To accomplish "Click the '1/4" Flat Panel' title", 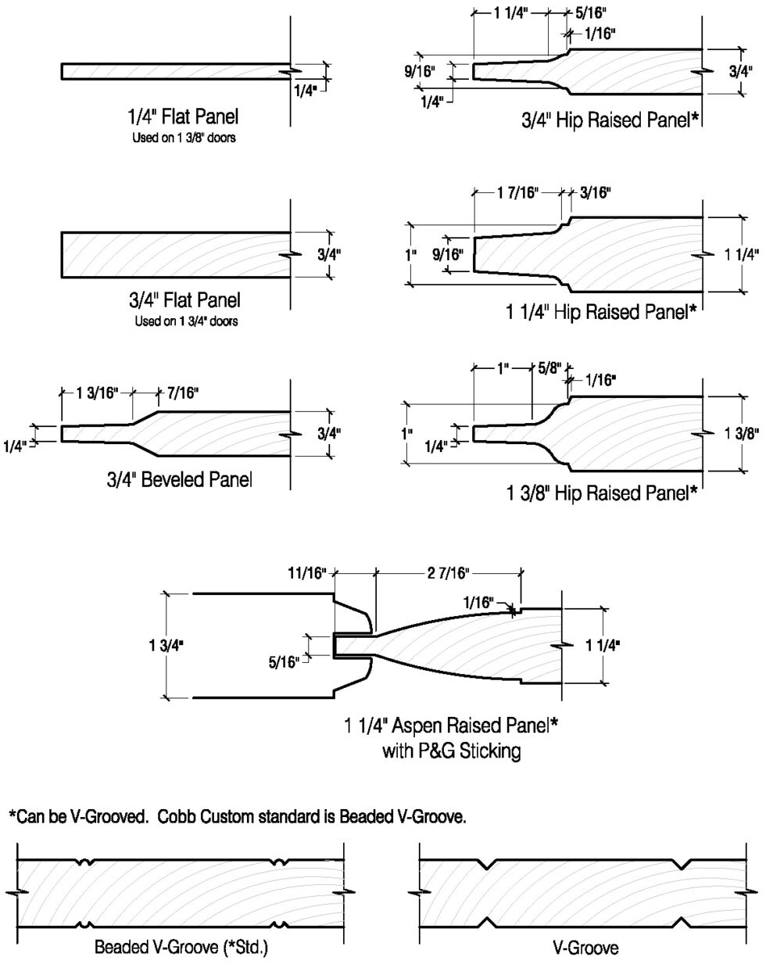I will click(182, 117).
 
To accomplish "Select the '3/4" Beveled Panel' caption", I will click(179, 479).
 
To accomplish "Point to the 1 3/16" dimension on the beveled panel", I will click(97, 392).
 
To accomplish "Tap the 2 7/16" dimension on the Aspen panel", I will click(448, 574).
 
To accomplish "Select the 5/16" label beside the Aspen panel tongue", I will click(284, 662).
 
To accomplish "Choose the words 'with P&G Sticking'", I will click(451, 752).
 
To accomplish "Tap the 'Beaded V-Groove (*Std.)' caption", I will click(181, 948).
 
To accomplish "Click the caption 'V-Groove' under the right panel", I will click(591, 948).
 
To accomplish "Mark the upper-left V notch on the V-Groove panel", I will click(486, 864).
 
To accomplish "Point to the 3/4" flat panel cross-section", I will click(176, 255).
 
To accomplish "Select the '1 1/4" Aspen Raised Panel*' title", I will click(451, 726).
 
